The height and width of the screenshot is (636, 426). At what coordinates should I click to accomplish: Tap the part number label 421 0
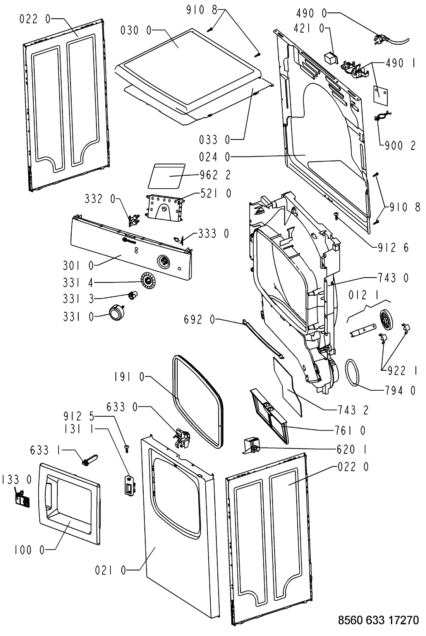(x=309, y=28)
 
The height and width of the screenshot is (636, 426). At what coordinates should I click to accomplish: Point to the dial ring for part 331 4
(x=148, y=281)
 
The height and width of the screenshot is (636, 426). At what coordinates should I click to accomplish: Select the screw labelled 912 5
(x=127, y=448)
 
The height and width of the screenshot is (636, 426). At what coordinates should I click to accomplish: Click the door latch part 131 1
(x=130, y=485)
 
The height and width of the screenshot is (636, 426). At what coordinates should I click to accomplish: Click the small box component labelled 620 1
(x=251, y=446)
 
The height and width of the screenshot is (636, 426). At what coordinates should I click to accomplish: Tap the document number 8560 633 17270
(x=378, y=620)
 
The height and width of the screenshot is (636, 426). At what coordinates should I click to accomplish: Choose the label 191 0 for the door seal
(x=129, y=377)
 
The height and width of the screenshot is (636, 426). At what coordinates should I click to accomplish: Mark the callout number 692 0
(x=200, y=320)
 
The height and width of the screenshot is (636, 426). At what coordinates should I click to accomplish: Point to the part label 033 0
(x=215, y=140)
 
